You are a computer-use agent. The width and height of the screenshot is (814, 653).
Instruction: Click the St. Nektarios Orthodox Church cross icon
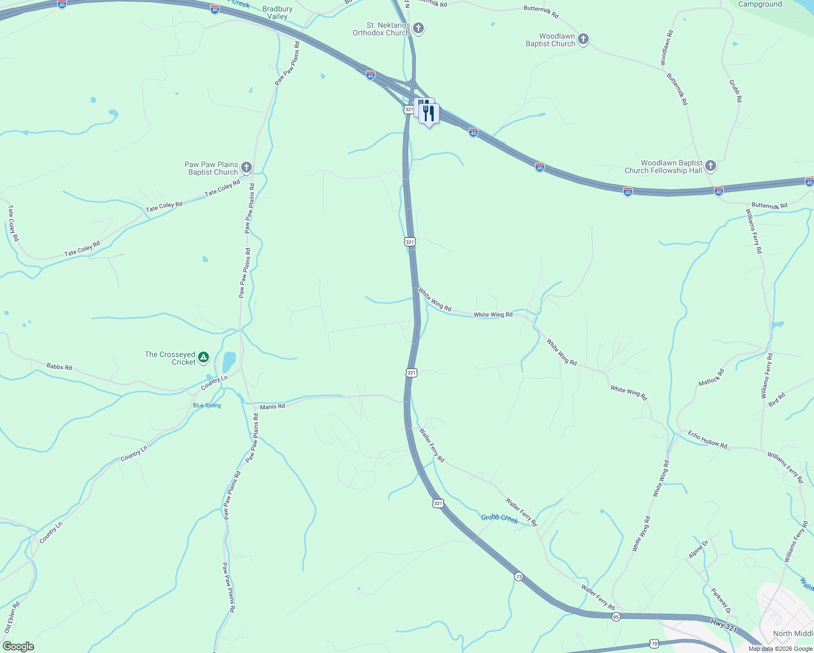click(x=418, y=28)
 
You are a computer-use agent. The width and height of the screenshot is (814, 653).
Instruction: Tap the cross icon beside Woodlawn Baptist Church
click(x=583, y=39)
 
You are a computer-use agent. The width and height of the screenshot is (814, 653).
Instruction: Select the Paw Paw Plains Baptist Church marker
click(x=246, y=168)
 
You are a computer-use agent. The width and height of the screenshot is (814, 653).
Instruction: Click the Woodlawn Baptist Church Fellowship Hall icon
click(x=710, y=166)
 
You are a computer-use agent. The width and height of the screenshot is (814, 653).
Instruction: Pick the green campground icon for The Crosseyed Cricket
click(x=203, y=358)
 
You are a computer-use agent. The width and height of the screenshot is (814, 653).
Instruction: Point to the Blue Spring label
click(x=207, y=405)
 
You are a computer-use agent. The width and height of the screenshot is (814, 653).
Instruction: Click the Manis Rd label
click(x=272, y=406)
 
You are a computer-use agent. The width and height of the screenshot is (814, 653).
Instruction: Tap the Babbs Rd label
click(x=59, y=367)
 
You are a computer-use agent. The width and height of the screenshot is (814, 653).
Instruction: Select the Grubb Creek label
click(x=499, y=518)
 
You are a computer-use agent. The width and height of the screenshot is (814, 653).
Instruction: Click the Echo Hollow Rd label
click(x=707, y=439)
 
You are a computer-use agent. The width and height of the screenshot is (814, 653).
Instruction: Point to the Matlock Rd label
click(x=711, y=378)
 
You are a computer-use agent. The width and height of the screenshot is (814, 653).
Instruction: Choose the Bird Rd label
click(x=777, y=399)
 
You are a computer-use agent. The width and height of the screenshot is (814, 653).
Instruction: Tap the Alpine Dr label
click(x=699, y=549)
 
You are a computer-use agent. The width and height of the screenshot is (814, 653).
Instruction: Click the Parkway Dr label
click(x=721, y=600)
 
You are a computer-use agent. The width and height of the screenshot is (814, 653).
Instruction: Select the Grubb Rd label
click(x=735, y=91)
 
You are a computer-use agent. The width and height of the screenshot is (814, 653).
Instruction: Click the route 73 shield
click(x=519, y=577)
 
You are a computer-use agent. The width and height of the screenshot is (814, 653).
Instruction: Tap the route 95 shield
click(x=616, y=617)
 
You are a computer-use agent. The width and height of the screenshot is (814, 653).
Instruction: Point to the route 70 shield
click(x=655, y=643)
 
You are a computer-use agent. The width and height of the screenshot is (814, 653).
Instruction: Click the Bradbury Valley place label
click(x=277, y=13)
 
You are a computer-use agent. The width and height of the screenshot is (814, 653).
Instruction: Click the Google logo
click(x=18, y=646)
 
